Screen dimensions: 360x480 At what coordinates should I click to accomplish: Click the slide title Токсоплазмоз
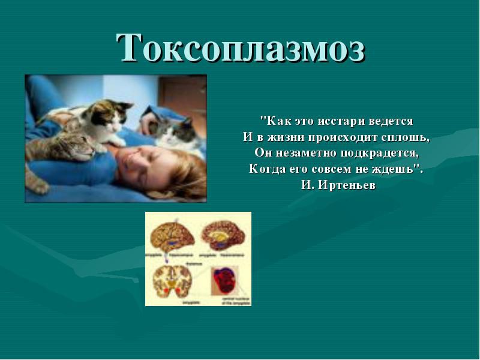coord(241,48)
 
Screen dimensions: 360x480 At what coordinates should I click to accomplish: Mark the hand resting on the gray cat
coord(147,123)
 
